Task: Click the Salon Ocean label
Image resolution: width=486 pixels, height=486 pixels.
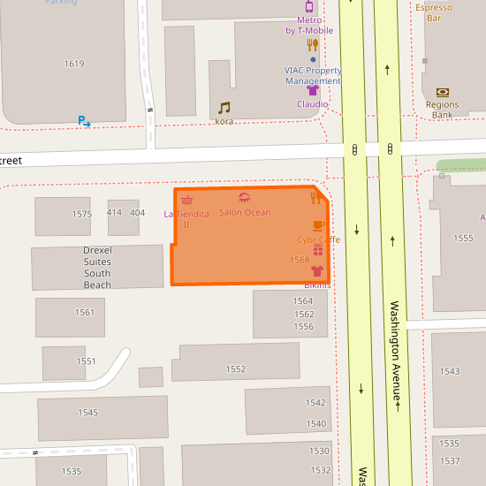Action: coord(245,213)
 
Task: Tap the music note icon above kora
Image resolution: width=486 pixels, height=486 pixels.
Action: coord(224,108)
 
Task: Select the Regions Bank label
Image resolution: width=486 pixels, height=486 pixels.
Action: coord(442,110)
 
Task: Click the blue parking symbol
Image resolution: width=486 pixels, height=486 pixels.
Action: coord(83,121)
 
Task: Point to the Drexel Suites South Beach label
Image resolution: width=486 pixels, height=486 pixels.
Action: coord(97,268)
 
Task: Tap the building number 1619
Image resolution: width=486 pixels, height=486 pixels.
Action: coord(74,64)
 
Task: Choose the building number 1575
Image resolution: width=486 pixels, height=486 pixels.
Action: coord(82,215)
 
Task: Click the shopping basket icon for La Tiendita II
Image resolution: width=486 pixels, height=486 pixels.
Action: coord(186,201)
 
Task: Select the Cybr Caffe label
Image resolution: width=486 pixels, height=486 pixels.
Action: coord(318,239)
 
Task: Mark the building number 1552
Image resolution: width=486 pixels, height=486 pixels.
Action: coord(235,369)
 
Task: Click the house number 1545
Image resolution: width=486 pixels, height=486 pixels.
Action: coord(88,413)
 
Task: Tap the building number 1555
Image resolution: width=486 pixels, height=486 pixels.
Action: coord(463,239)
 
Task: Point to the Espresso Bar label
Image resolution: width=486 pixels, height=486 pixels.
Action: coord(434,11)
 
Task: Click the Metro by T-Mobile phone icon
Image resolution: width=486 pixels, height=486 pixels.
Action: coord(309,6)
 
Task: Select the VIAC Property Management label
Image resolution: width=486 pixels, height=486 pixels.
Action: coord(313,75)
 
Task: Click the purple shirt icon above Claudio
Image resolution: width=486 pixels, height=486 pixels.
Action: coord(312,90)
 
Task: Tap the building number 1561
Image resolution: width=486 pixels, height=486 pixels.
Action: coord(85,313)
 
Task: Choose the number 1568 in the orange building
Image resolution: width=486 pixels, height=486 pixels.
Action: coord(300,260)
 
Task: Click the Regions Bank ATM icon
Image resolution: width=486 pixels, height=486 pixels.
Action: coord(442,92)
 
